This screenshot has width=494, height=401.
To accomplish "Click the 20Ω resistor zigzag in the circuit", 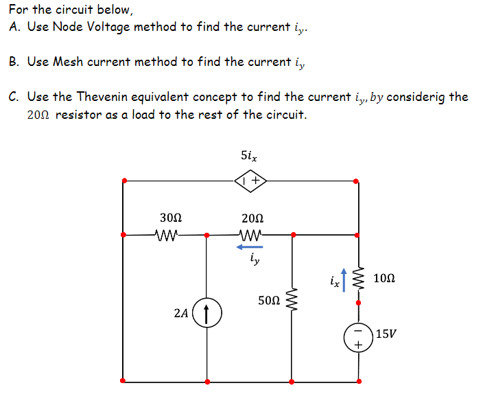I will click(x=251, y=235).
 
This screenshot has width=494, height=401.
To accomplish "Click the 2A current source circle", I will click(x=207, y=312).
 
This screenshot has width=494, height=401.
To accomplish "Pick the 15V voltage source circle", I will click(x=357, y=336).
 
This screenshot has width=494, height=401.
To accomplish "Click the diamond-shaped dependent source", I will click(x=251, y=181).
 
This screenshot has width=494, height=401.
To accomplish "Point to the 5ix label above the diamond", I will click(x=249, y=155).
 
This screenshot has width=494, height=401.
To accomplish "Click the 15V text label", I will click(x=386, y=334).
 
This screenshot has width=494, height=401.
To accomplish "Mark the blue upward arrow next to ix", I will click(x=344, y=279).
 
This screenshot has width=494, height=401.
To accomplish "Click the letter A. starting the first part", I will click(x=16, y=27).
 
